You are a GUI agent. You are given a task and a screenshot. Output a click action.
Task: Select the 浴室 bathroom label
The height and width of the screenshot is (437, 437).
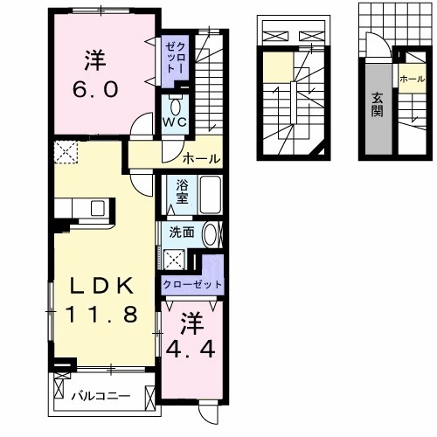(182, 191)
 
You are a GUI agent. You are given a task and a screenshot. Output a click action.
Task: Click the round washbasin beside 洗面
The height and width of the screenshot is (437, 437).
(211, 234)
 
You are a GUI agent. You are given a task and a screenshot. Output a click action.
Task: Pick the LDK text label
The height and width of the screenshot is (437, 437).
(97, 286)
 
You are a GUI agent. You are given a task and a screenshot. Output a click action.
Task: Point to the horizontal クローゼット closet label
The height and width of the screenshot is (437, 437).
(191, 285)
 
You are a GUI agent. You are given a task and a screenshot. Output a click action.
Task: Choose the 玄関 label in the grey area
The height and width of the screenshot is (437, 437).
(378, 103)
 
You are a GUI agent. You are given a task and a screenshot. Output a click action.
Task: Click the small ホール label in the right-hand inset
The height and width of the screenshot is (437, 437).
(410, 78)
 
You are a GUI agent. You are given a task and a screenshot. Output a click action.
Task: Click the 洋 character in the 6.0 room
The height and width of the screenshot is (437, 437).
(97, 61)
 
